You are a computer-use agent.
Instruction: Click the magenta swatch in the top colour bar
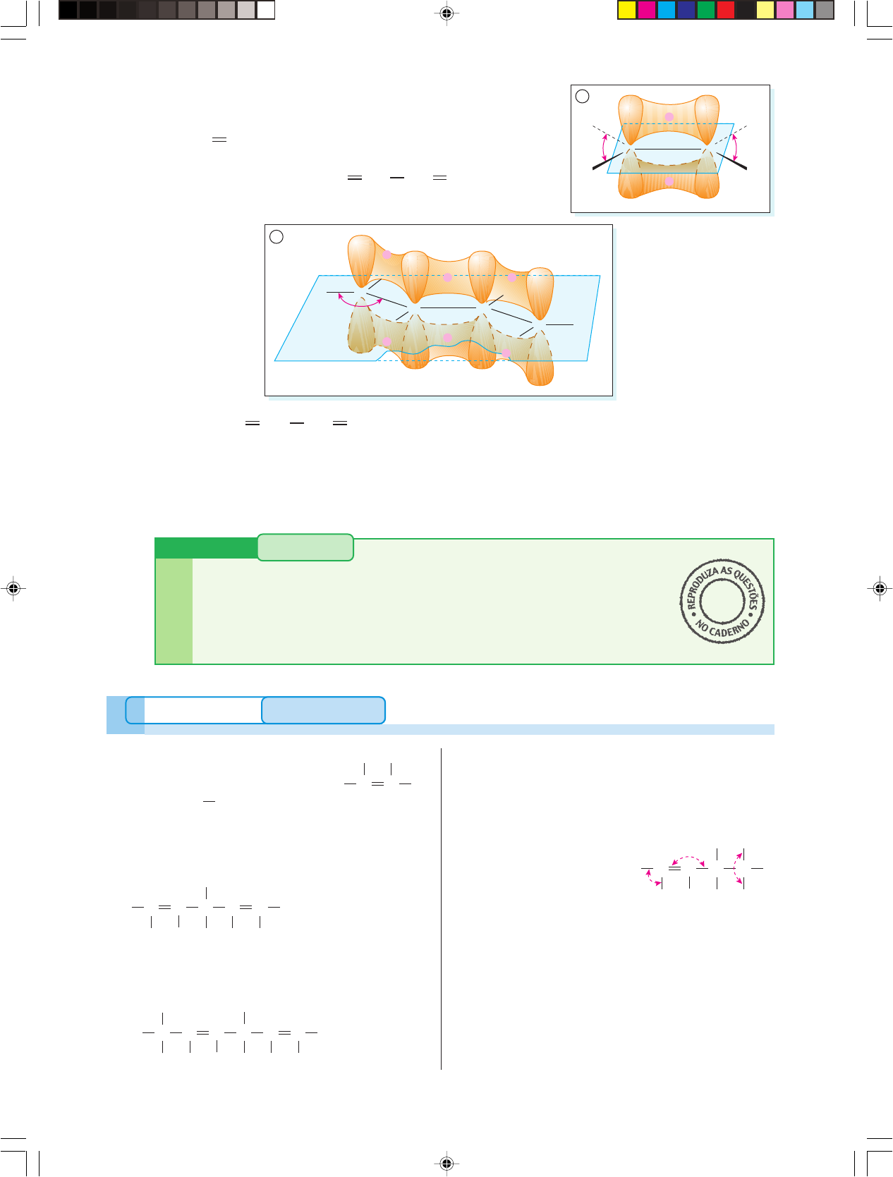646,10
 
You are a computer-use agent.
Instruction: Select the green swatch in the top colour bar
706,10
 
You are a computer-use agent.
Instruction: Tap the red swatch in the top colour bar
726,10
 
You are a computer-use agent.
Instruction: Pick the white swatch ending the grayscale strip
265,10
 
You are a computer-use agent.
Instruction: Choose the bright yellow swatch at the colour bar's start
626,10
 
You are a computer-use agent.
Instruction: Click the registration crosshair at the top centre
447,13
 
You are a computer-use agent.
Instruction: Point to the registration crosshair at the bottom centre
447,1163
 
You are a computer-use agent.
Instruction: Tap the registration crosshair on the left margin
13,588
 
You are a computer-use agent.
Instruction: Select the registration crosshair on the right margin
880,588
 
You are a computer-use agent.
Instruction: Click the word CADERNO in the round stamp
729,629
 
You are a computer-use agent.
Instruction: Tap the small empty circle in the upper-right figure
582,96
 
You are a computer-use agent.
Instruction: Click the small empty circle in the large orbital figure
277,236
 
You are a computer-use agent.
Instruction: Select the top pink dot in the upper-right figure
669,116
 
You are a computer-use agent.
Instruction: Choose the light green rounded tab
305,547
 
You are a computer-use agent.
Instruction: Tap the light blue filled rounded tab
323,710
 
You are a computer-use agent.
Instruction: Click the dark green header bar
207,548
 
